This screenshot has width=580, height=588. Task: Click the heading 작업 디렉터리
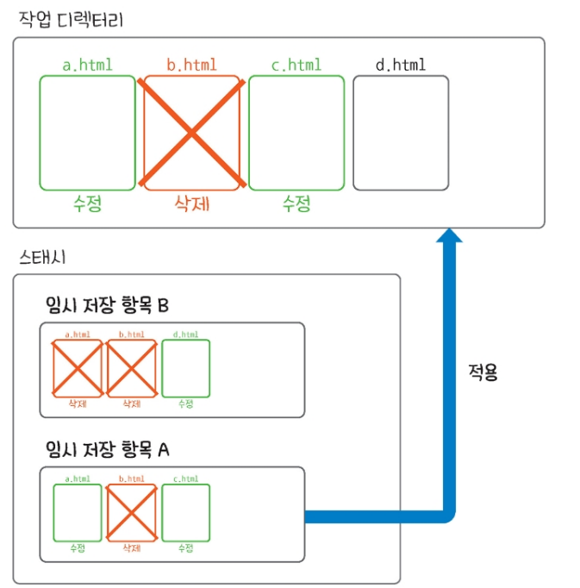[71, 18]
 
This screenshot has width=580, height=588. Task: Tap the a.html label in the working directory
[87, 65]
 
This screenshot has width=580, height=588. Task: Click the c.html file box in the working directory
[296, 132]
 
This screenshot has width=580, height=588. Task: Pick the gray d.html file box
[400, 132]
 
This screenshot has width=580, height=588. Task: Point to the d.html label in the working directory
[401, 65]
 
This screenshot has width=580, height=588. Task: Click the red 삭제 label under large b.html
[192, 204]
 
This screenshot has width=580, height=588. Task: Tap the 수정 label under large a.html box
[87, 204]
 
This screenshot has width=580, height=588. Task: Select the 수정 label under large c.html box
[296, 204]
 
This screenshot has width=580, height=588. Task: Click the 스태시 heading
[41, 256]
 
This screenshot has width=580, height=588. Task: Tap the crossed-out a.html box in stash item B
[77, 368]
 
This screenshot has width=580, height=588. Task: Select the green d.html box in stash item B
[186, 368]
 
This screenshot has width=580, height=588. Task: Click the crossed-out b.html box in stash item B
[131, 368]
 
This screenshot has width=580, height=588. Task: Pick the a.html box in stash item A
[77, 512]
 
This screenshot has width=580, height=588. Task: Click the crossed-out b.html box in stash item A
[131, 512]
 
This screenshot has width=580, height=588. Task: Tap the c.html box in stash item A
[186, 512]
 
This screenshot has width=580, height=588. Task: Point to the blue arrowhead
[448, 236]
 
